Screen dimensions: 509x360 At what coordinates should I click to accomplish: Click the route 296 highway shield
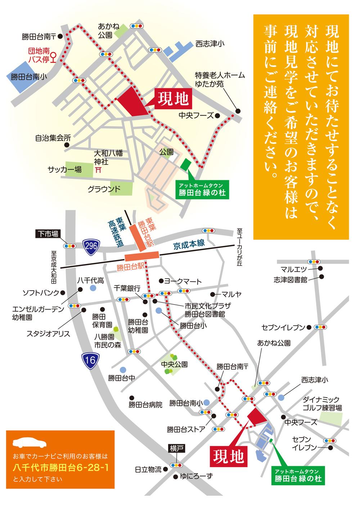90,246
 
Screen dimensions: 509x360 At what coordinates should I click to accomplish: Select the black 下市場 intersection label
48,234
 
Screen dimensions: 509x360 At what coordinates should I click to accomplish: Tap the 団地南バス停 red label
39,55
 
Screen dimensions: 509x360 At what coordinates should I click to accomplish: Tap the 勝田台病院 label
145,404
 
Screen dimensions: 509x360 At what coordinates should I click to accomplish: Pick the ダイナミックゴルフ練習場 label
322,404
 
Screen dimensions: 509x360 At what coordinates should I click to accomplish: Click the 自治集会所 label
53,137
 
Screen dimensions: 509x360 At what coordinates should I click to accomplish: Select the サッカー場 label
65,169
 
